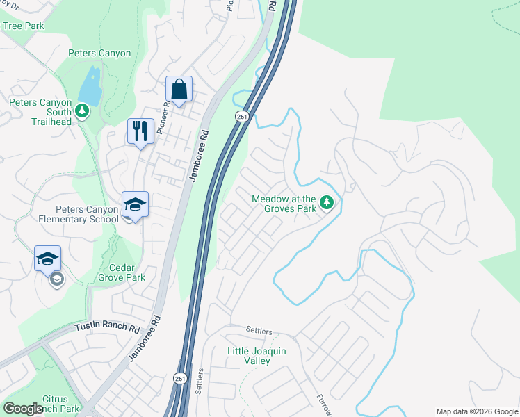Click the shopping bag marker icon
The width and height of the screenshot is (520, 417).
point(179,90)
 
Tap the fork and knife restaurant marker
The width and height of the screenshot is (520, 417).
point(140,131)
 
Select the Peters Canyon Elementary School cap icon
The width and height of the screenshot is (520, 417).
point(135,205)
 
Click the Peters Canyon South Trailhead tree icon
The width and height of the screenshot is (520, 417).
point(82,111)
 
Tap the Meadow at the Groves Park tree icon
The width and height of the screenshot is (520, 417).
point(327,204)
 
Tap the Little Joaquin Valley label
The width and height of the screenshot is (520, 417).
point(257,356)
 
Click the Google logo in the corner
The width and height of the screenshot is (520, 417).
point(23,409)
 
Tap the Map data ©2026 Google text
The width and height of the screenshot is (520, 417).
point(477,411)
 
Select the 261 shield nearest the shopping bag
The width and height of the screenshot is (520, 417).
point(241,116)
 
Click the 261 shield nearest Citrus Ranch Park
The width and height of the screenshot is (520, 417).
point(179,377)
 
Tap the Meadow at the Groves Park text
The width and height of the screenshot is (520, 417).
point(284,204)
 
